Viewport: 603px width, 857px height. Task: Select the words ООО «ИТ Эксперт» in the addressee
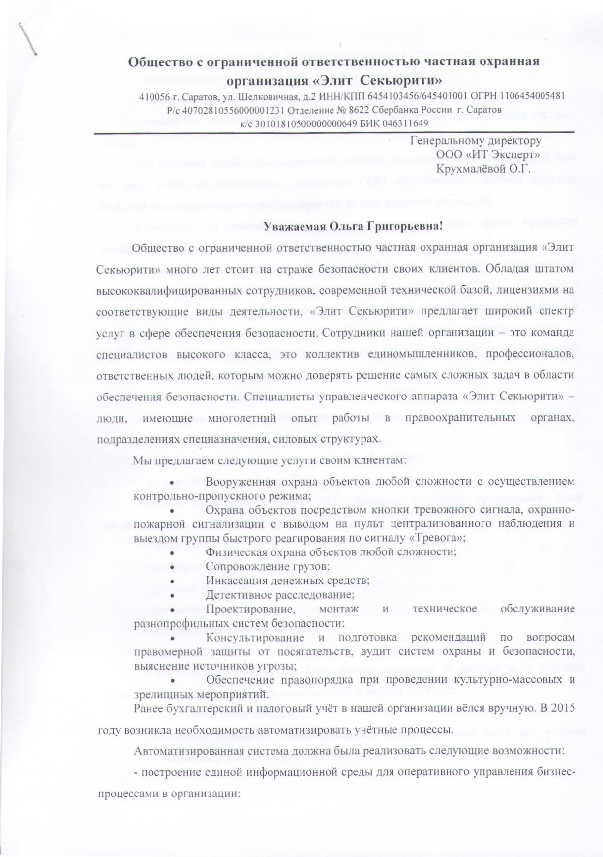[x=489, y=155]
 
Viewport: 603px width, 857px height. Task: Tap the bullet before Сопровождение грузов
[x=172, y=567]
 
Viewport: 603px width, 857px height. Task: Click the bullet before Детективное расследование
[x=172, y=595]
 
